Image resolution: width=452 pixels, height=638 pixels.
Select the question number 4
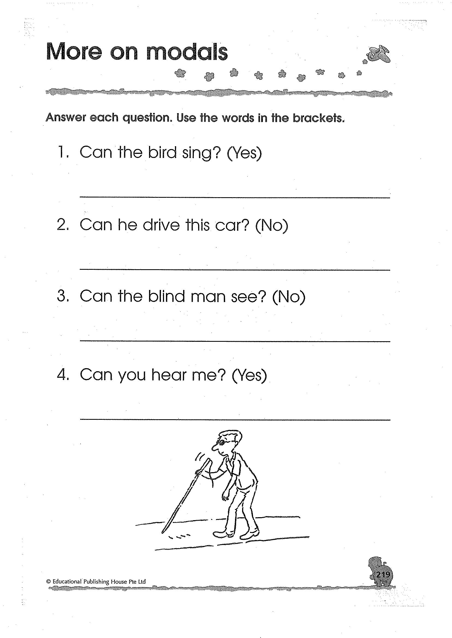click(x=62, y=375)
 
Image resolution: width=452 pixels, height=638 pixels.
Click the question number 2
click(x=62, y=225)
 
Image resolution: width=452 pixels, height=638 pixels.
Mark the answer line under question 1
click(x=235, y=197)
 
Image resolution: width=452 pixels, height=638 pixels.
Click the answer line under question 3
click(x=235, y=341)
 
